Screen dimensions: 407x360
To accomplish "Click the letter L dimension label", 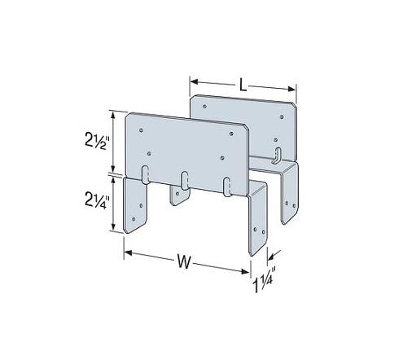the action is coord(243,85).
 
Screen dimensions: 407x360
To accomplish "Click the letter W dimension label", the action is coord(184,261).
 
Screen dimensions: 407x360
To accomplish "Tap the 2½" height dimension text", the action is coord(97,141).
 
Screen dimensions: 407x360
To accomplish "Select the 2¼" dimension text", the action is coord(97,200).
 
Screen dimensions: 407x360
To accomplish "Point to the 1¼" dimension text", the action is coord(265,283).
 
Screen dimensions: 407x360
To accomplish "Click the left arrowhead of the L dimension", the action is coord(193,81).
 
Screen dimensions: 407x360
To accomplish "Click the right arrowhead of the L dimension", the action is coord(292,89).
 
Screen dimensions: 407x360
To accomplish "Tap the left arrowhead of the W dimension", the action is coord(128,252).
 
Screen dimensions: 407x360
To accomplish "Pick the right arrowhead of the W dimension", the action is coord(245,271).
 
